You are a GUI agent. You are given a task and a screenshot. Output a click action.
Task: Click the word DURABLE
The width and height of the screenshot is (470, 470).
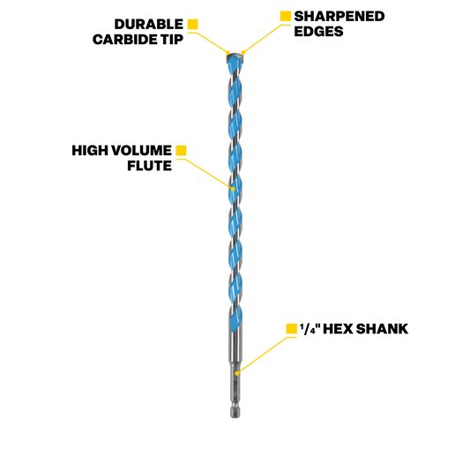pos(149,25)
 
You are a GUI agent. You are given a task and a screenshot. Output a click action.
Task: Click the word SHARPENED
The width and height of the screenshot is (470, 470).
pos(339,17)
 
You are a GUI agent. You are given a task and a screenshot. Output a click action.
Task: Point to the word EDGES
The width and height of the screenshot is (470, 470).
pos(318,32)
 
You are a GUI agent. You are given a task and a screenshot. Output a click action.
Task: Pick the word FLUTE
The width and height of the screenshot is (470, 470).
pos(150,166)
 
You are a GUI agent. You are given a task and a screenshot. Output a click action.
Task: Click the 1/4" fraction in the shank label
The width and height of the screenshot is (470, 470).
pos(310,329)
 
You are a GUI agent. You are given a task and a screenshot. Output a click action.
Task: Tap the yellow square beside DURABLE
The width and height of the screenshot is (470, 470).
pos(193,25)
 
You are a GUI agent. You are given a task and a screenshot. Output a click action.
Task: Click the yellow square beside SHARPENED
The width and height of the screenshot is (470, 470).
pos(286,16)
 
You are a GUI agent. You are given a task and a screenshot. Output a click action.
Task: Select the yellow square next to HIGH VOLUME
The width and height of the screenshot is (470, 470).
pos(181,151)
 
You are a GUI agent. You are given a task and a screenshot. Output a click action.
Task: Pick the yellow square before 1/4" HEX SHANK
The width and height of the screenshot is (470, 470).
pos(291,329)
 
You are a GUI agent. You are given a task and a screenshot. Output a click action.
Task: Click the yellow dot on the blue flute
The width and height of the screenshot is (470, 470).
pos(233,189)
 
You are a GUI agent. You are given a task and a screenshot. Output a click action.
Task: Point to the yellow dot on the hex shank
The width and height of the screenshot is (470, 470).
pos(237,373)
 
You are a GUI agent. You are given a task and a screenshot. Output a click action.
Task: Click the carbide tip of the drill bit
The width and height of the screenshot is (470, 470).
pos(235,57)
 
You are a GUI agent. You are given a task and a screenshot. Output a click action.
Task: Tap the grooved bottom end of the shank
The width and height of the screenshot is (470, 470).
pos(235,411)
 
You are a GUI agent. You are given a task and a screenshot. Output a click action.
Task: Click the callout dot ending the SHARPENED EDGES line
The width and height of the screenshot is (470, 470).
pos(243,53)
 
